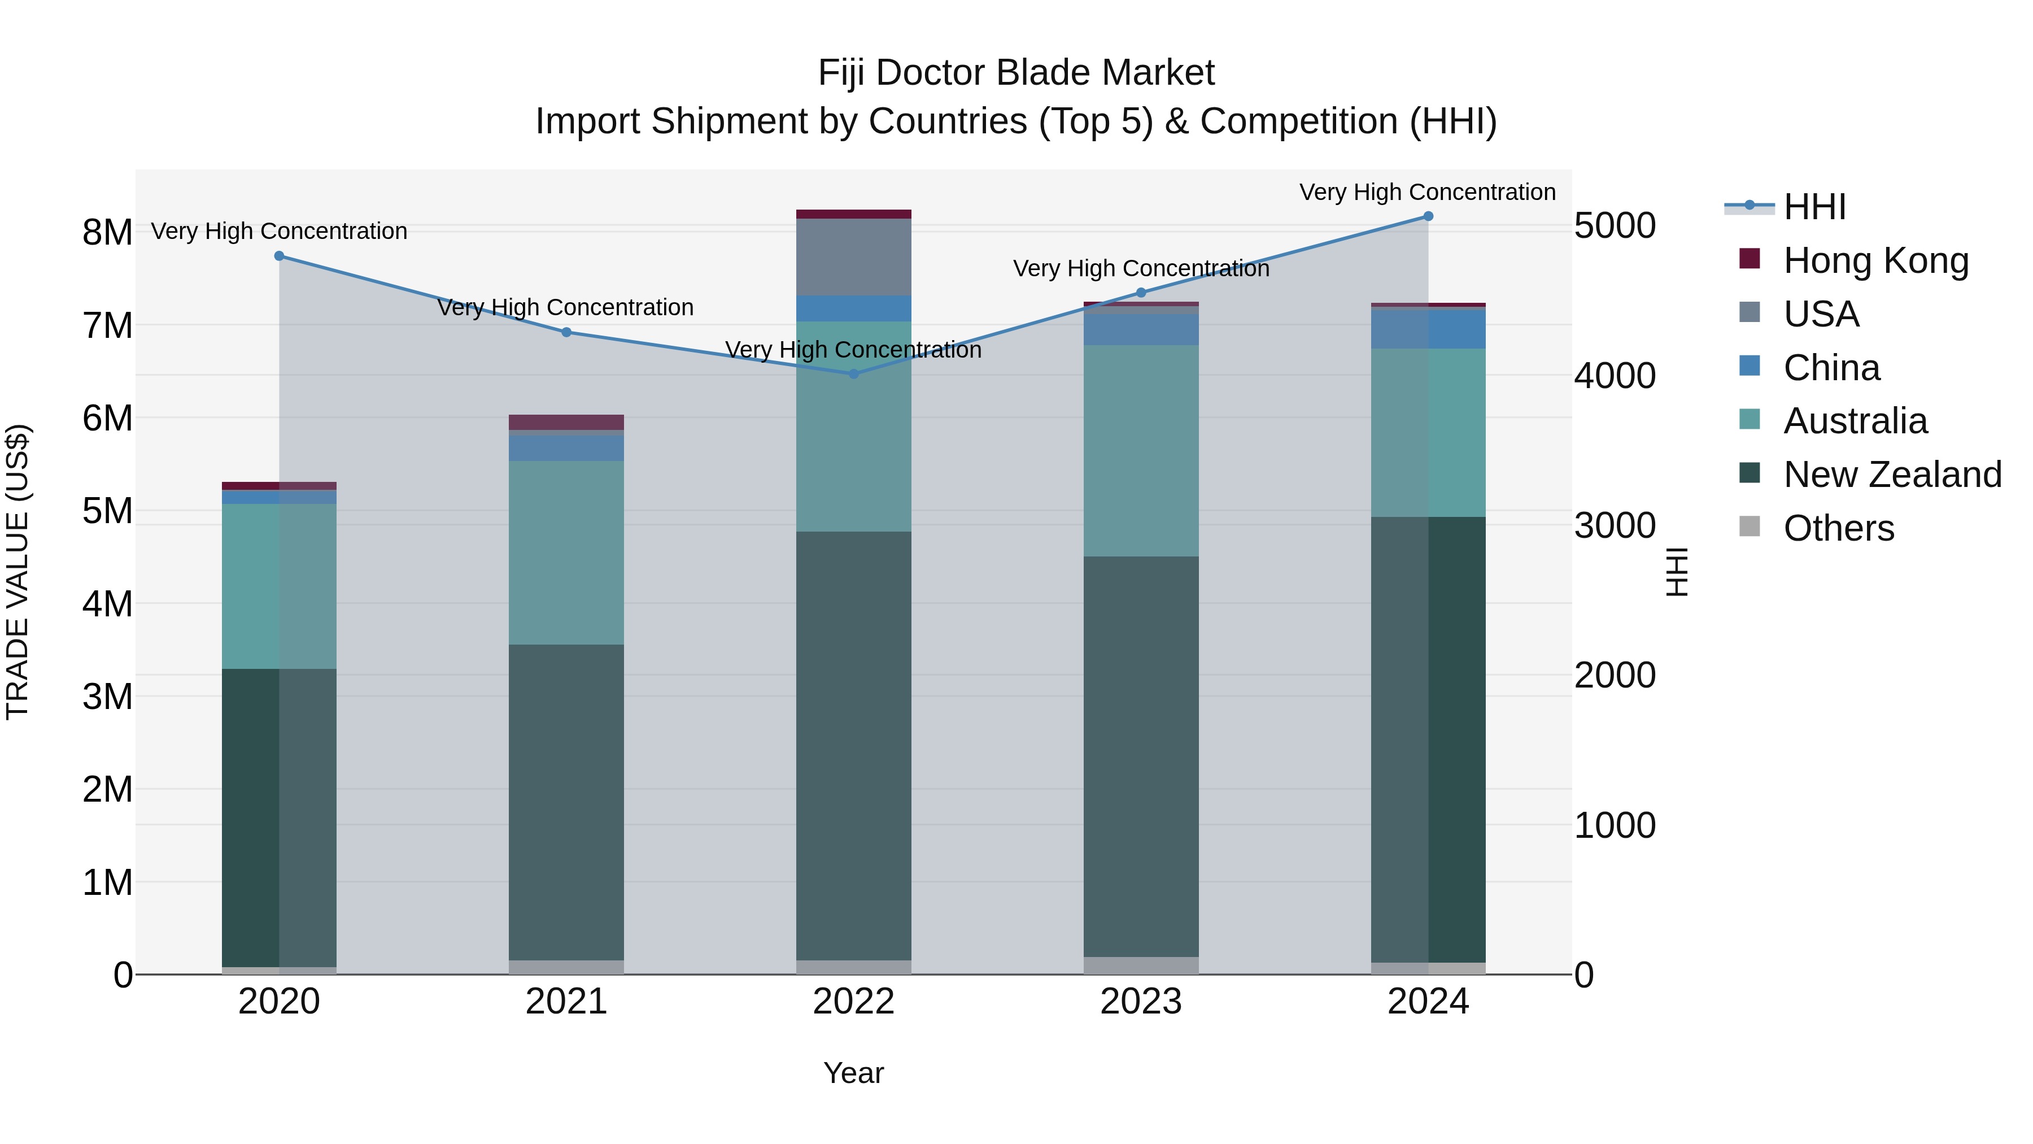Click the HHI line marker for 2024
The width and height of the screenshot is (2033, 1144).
pyautogui.click(x=1428, y=216)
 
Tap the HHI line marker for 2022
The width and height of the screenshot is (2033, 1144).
pyautogui.click(x=853, y=373)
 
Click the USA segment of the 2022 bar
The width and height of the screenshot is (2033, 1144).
pyautogui.click(x=853, y=256)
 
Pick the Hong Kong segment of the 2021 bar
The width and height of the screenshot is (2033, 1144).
pyautogui.click(x=566, y=423)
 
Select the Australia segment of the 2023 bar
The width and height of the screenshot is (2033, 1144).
pyautogui.click(x=1140, y=450)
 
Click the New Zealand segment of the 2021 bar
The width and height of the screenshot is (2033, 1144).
pyautogui.click(x=566, y=801)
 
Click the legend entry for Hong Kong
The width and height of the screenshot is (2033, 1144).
pyautogui.click(x=1875, y=260)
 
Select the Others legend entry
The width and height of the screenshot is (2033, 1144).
pyautogui.click(x=1838, y=528)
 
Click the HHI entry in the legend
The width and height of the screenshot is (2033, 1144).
pyautogui.click(x=1813, y=207)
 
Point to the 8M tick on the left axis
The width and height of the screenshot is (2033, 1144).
pyautogui.click(x=107, y=232)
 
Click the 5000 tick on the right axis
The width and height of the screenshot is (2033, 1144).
pyautogui.click(x=1615, y=226)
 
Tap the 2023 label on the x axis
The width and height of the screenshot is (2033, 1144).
pyautogui.click(x=1140, y=1002)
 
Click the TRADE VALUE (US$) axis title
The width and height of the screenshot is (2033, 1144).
pyautogui.click(x=18, y=572)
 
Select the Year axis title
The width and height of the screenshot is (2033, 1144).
pyautogui.click(x=853, y=1073)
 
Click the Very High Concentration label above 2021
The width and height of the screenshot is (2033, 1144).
pyautogui.click(x=565, y=307)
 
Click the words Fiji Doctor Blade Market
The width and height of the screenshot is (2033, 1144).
pyautogui.click(x=1016, y=73)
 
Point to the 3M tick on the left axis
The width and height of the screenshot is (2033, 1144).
pyautogui.click(x=107, y=697)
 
